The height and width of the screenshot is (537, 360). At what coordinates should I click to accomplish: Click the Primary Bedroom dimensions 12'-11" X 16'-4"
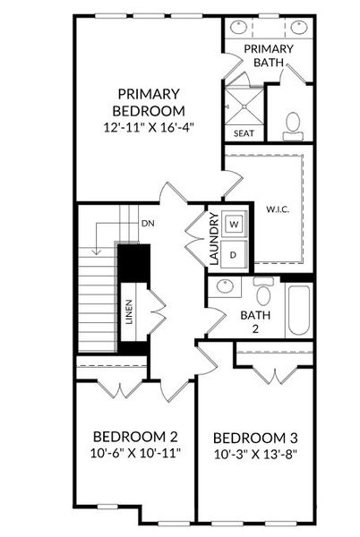coord(149,128)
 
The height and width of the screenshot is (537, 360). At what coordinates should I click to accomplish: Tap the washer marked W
coord(234,225)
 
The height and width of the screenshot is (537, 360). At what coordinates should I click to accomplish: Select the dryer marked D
coord(233,254)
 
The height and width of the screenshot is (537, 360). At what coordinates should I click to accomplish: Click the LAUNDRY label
coord(214,239)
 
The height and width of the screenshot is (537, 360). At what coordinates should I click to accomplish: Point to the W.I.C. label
coord(278,209)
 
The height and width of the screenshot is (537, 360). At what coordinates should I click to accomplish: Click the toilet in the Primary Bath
coord(293,126)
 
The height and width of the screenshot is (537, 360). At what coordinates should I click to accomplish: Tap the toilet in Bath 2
coord(263,291)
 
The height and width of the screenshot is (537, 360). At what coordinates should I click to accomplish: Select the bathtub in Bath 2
coord(299,310)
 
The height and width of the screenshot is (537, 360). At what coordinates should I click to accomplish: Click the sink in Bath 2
coord(225,286)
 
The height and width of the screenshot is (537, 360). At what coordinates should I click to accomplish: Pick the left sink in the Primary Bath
coord(238,28)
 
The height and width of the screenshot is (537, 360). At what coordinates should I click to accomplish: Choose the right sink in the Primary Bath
coord(299,28)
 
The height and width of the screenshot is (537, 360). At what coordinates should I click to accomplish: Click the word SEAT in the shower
coord(244,133)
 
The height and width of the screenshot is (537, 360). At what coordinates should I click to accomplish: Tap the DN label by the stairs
coord(148,223)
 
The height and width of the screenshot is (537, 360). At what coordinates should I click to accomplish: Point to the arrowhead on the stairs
coord(97,252)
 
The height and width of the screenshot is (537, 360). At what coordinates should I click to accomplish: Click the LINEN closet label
coord(129,311)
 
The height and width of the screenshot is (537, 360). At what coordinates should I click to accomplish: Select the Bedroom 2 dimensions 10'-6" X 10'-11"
coord(135,453)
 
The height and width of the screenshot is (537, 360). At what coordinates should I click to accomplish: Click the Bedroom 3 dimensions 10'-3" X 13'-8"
coord(255,455)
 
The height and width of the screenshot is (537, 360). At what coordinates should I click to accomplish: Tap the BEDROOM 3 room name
coord(255,438)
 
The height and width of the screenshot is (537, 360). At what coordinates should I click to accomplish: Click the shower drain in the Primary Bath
coord(244,107)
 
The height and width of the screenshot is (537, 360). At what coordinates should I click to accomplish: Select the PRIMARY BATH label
coord(269,55)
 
